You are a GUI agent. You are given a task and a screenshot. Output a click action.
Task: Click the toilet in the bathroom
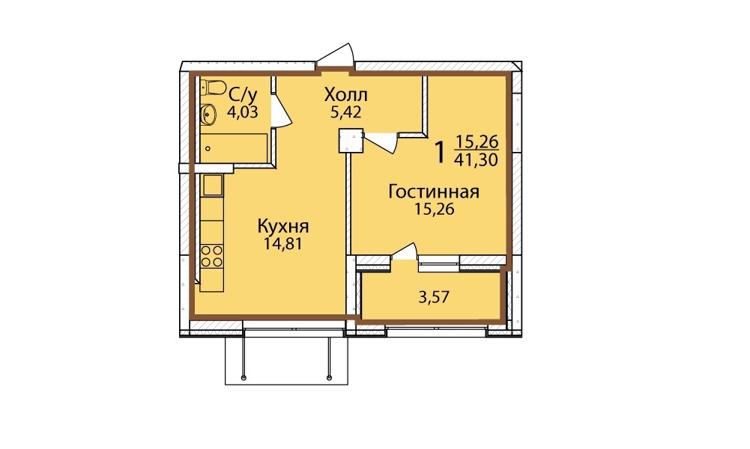point(214,87)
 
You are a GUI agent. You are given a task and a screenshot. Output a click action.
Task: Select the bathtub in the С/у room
point(234,148)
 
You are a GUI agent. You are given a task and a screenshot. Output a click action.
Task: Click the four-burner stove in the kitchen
point(212,256)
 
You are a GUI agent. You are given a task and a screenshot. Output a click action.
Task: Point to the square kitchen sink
point(212,186)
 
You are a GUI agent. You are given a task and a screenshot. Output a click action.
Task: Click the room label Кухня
point(283,226)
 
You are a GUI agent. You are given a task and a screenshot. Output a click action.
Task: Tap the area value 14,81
point(282,244)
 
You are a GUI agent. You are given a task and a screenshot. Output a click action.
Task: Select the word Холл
point(346,94)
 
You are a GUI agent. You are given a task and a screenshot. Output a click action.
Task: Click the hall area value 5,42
point(345,112)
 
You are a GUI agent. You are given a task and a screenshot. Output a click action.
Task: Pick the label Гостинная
point(434,192)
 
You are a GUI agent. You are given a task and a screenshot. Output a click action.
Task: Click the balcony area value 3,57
point(434,297)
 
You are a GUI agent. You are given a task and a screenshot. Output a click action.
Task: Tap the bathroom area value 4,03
point(243,112)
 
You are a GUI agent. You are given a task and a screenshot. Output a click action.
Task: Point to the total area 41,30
point(476,159)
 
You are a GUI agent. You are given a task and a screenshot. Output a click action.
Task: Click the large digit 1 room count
point(440,152)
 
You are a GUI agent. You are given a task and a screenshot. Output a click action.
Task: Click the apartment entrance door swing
point(336,55)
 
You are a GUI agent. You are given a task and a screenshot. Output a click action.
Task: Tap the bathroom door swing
point(281,110)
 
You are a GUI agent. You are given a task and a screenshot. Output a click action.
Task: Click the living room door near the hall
point(381,142)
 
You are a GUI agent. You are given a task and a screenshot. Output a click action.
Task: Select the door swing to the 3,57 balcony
point(405,251)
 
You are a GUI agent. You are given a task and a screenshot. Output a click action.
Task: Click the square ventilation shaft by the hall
point(351,141)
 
